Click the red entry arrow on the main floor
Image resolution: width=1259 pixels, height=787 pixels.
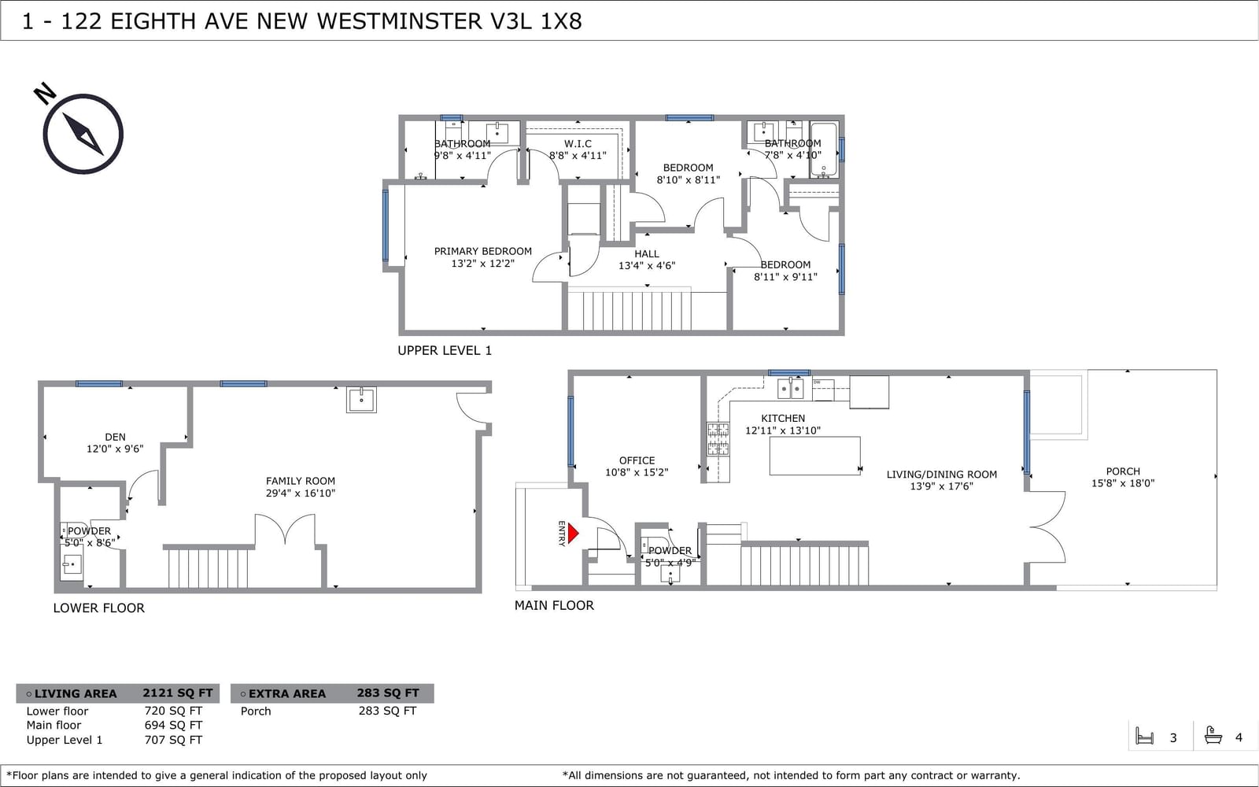point(573,533)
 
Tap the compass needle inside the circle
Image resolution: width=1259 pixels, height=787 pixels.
point(83,134)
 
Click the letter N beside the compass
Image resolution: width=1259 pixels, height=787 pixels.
point(45,94)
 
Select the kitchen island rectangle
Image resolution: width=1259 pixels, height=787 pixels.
point(814,456)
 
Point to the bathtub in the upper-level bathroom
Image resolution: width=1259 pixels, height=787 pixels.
point(824,150)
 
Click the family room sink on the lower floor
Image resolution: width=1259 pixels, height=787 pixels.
point(361,400)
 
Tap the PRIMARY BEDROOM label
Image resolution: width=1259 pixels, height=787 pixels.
point(483,251)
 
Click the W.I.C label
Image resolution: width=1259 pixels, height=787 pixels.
point(578,144)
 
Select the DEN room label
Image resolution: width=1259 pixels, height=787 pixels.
point(115,437)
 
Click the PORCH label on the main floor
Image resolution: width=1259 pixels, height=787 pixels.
point(1123,471)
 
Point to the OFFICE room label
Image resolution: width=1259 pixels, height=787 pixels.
point(637,460)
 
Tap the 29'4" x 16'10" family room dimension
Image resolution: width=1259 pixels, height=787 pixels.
point(301,493)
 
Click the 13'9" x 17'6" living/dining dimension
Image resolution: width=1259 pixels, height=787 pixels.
point(941,486)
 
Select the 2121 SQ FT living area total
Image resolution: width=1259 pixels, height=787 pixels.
point(178,693)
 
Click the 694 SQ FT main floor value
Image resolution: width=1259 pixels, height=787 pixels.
point(173,725)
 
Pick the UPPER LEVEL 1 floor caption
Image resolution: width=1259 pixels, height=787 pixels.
point(445,351)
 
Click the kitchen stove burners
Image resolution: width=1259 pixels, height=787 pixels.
point(718,439)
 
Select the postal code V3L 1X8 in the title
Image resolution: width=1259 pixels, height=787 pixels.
point(536,21)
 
